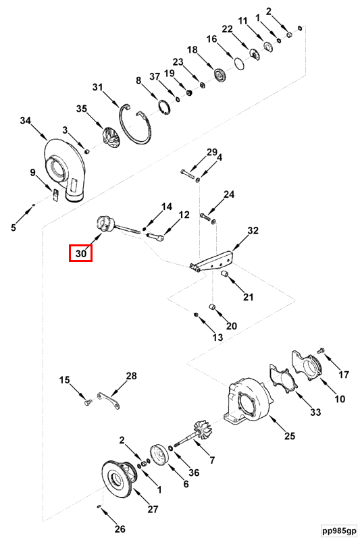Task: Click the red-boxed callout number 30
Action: [x=80, y=253]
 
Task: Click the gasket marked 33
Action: [x=282, y=379]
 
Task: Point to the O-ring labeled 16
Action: [x=240, y=63]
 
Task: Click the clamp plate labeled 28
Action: [x=108, y=400]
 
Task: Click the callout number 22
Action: [x=227, y=29]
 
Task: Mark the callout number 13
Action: [x=217, y=337]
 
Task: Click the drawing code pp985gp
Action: [x=338, y=531]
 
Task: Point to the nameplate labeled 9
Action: [x=55, y=194]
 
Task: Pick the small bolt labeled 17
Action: [x=321, y=350]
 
